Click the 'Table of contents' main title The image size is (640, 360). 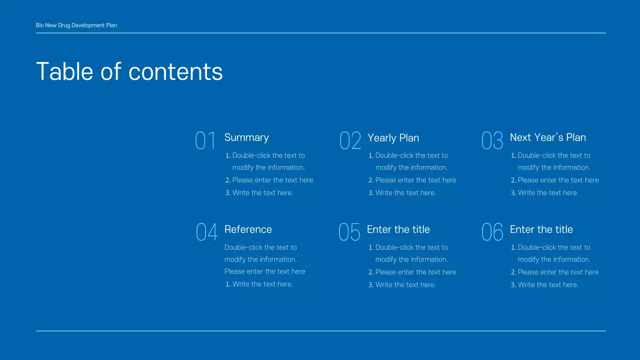[129, 71]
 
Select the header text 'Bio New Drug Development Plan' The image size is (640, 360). [76, 25]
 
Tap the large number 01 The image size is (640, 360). [205, 141]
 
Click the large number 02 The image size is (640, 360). [350, 141]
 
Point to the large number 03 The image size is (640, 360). [492, 141]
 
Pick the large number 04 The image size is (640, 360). [206, 232]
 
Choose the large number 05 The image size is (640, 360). [349, 232]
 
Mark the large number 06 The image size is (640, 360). [492, 232]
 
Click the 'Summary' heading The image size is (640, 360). [246, 137]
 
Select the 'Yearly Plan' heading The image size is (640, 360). [393, 138]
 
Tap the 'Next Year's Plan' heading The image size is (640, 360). [547, 137]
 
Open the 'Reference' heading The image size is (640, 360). [248, 229]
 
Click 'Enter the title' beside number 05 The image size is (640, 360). [398, 229]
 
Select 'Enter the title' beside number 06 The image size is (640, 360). [541, 229]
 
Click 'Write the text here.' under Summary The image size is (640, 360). [262, 192]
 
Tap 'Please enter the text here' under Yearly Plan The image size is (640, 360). [415, 180]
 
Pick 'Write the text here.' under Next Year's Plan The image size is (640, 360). [548, 192]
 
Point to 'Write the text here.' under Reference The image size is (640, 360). [262, 284]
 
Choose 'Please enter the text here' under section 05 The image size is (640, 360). [415, 272]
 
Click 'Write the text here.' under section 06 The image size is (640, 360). [548, 284]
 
